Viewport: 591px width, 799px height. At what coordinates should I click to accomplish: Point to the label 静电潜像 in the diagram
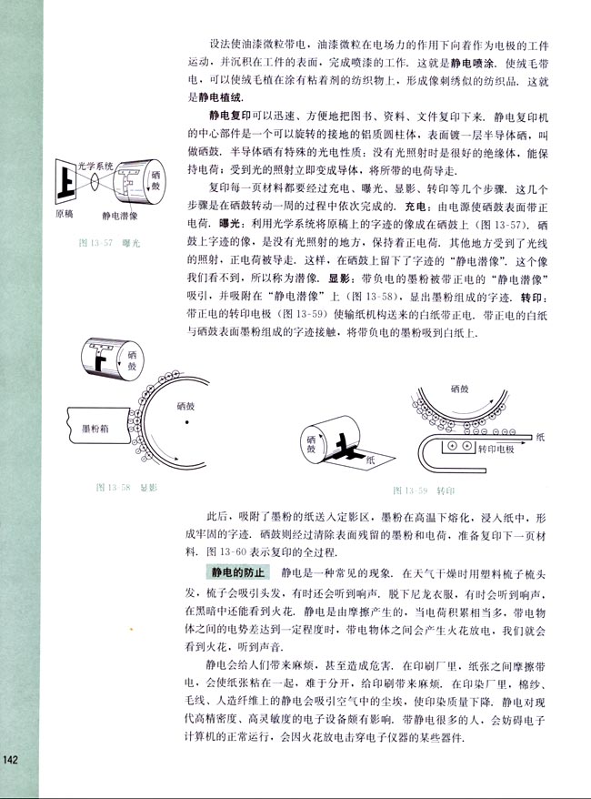[121, 216]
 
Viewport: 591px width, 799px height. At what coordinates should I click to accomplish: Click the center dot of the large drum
[186, 423]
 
